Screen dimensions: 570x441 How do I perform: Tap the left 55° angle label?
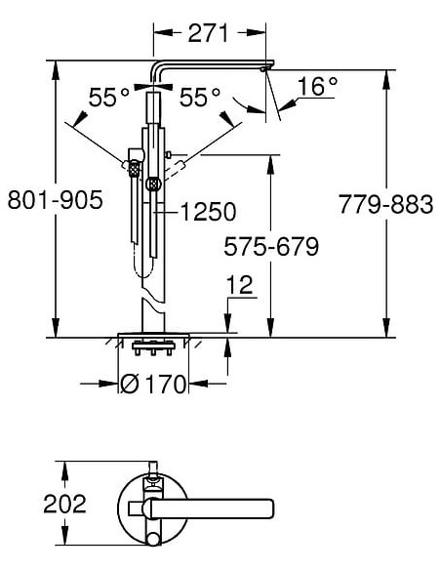coord(109,98)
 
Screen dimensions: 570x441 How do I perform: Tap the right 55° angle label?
coord(200,98)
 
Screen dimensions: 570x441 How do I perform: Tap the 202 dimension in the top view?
coord(65,504)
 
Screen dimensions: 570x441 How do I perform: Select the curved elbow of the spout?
coord(157,71)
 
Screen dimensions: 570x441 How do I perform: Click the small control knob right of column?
coord(169,154)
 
